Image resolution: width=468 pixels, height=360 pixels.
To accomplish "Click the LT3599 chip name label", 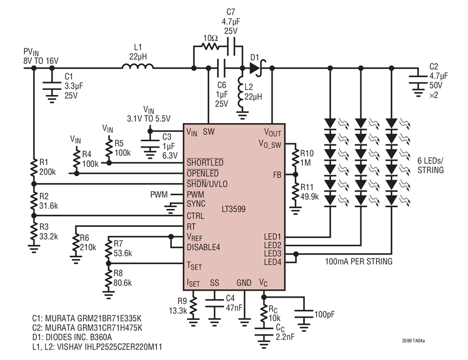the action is click(233, 209).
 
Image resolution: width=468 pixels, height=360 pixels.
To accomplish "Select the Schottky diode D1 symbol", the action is click(257, 68).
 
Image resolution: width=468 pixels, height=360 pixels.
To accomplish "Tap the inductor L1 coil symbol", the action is click(138, 66).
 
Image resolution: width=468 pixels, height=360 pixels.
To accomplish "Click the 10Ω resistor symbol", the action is click(211, 46).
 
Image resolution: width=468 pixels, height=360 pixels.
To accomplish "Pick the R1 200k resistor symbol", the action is click(34, 168).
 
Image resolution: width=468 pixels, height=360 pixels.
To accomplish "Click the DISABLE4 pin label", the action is click(203, 247).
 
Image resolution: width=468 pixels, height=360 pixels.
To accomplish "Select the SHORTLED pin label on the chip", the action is click(205, 162).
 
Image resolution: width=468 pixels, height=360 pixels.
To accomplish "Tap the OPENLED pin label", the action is click(203, 173).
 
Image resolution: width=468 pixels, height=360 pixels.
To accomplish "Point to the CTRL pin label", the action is click(196, 216).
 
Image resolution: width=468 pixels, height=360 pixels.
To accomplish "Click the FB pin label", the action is click(277, 175).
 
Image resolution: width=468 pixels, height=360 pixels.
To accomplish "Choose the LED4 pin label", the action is click(272, 262).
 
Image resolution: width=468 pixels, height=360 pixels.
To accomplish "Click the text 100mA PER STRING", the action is click(358, 261).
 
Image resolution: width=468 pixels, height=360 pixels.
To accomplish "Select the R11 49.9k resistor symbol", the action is click(295, 193).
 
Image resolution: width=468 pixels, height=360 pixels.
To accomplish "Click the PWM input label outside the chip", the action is click(159, 195).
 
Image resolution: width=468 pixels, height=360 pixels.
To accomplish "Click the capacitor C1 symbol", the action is click(52, 86).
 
